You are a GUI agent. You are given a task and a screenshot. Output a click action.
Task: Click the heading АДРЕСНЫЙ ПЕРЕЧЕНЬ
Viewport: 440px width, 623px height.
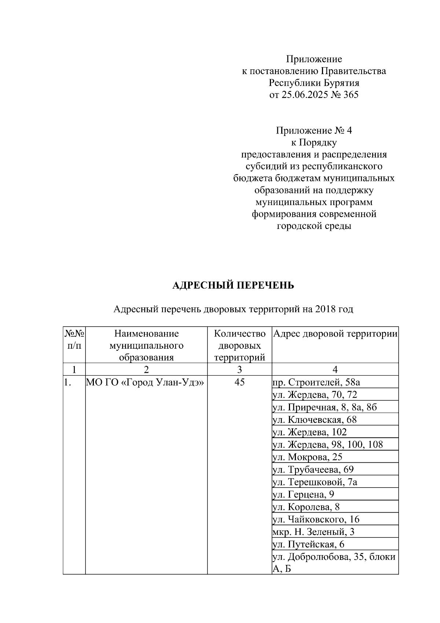(x=233, y=285)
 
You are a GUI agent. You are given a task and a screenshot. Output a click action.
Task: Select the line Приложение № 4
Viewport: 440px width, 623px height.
(x=313, y=131)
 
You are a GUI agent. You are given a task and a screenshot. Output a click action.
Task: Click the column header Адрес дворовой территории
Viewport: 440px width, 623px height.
(x=335, y=334)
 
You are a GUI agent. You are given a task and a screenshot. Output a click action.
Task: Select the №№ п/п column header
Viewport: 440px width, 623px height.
(x=74, y=340)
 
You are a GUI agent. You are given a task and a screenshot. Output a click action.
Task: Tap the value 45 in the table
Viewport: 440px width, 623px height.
(x=239, y=382)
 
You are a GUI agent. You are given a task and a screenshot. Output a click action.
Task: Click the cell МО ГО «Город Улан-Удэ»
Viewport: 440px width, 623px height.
(x=145, y=382)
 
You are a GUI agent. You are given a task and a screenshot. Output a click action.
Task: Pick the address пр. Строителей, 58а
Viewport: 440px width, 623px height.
(x=316, y=382)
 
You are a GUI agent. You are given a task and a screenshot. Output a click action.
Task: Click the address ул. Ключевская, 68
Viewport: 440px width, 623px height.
(x=315, y=420)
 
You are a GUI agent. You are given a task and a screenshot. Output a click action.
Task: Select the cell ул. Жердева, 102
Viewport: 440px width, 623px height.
(x=309, y=432)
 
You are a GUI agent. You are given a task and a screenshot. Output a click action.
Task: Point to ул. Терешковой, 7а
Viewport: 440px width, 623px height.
(x=315, y=482)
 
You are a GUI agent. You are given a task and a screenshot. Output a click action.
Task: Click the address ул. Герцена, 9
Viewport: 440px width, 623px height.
(x=303, y=495)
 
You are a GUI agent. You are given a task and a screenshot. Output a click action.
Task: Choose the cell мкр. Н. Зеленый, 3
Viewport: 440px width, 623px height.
(x=313, y=532)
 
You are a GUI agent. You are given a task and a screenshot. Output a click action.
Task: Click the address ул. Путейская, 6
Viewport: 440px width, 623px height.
(x=308, y=544)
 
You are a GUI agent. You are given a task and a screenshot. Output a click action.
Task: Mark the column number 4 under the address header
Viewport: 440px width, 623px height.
(x=335, y=369)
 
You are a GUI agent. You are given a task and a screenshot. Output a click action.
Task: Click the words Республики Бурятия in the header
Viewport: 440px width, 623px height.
(x=313, y=83)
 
